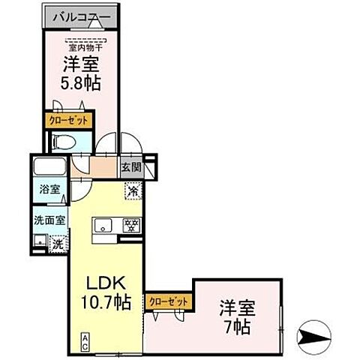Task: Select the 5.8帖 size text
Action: (82, 80)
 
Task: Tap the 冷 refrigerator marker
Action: (132, 191)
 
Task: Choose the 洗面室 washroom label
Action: (49, 220)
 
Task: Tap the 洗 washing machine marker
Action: (57, 242)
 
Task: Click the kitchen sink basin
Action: (103, 224)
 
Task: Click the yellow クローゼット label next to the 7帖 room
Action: (169, 301)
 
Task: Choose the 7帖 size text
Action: (237, 327)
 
